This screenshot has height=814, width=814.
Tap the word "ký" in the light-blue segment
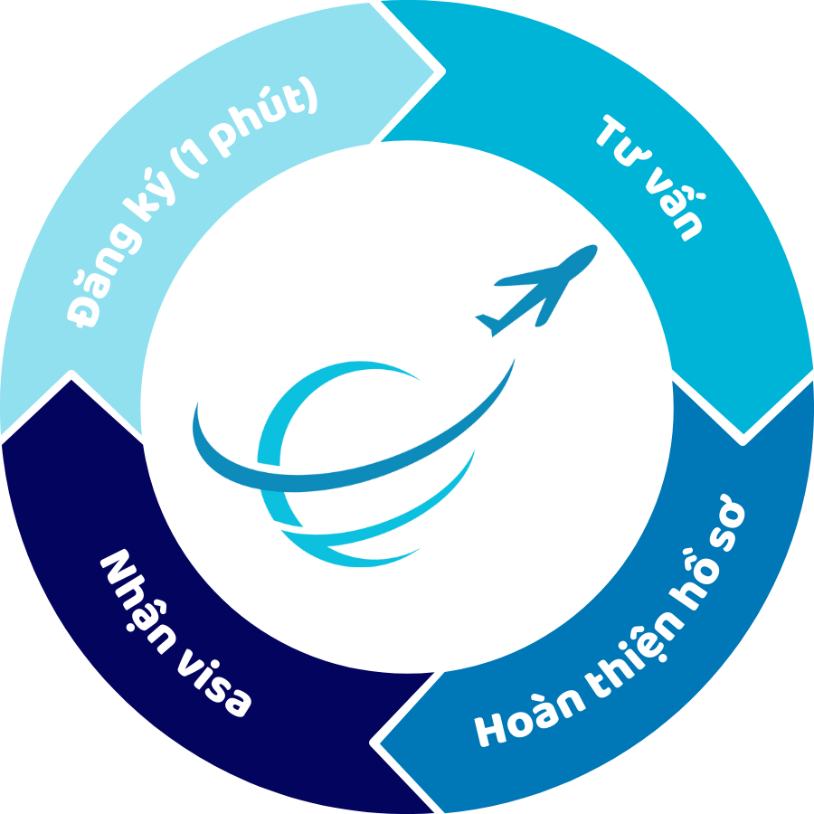(149, 194)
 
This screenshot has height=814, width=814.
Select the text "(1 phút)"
(243, 128)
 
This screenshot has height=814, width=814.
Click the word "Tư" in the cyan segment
(623, 141)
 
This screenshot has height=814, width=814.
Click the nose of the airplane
(594, 247)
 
